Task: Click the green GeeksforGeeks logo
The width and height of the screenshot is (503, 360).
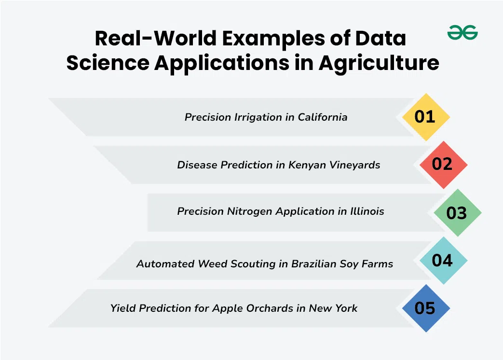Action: click(x=462, y=32)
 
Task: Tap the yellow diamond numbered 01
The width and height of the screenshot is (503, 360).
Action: click(x=426, y=117)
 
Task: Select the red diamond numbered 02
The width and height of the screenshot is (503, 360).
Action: click(x=443, y=165)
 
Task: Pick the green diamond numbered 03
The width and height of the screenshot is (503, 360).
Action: click(x=458, y=212)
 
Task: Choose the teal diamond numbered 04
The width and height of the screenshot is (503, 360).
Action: click(x=443, y=260)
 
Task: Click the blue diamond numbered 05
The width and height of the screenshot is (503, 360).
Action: click(x=426, y=308)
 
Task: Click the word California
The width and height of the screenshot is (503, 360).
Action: click(x=323, y=117)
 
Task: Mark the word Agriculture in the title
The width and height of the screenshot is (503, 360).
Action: click(x=379, y=63)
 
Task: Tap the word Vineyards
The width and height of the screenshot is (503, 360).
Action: click(x=355, y=165)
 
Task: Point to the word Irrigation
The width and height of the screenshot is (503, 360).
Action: click(x=259, y=118)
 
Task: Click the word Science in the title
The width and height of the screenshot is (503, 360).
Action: click(x=108, y=63)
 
